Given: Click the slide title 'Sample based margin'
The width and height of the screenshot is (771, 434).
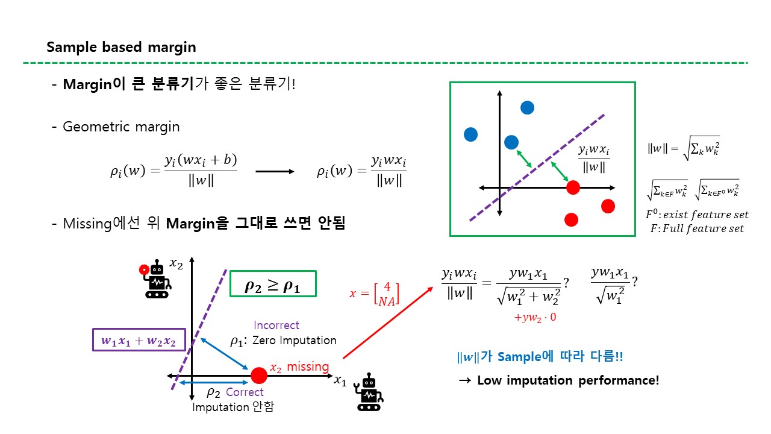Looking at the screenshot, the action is click(121, 47).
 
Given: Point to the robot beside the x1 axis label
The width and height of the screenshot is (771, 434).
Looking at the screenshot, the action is click(369, 392).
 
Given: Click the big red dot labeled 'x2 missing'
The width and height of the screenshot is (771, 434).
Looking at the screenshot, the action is click(259, 376).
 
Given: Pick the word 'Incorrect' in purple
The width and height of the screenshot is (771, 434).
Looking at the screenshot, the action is click(276, 325).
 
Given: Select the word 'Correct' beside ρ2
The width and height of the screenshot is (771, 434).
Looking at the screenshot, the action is click(245, 392).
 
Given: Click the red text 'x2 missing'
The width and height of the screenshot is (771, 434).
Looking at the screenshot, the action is click(299, 367).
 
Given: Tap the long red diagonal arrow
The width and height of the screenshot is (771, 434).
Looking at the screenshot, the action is click(388, 322).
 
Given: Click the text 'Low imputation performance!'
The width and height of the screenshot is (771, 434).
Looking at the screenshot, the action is click(568, 380).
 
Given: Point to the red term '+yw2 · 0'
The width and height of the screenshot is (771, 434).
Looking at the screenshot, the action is click(535, 317).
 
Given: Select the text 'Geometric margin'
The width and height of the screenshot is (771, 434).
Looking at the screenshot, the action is click(121, 127).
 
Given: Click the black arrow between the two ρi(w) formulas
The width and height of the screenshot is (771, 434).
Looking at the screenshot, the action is click(275, 172).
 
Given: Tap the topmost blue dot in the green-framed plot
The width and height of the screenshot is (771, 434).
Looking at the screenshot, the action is click(527, 108).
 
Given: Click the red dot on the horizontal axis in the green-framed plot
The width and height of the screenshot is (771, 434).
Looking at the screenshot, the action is click(573, 187).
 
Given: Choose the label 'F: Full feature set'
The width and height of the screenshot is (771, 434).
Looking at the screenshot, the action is click(697, 228).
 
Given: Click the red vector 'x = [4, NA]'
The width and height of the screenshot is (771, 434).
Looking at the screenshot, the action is click(374, 294).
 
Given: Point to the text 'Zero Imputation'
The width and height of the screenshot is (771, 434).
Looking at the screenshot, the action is click(295, 341).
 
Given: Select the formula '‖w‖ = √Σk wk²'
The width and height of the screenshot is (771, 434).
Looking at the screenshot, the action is click(684, 148).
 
